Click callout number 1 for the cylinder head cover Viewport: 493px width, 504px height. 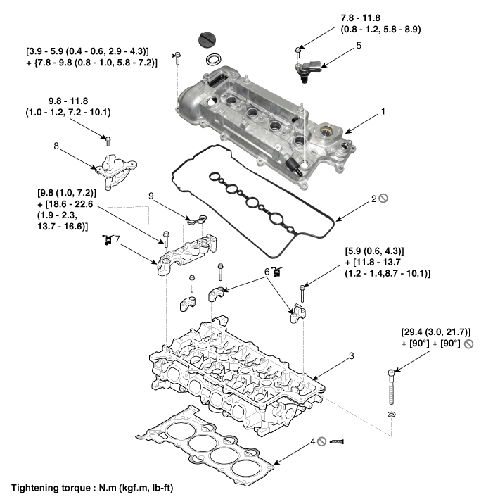click(383, 111)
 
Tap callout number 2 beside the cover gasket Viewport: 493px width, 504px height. click(375, 199)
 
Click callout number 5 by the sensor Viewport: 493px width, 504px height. click(359, 46)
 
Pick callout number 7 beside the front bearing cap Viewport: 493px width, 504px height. click(118, 241)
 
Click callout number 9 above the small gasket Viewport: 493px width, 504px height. click(151, 195)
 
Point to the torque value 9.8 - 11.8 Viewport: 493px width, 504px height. click(68, 100)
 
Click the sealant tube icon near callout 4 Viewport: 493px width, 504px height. click(339, 443)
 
